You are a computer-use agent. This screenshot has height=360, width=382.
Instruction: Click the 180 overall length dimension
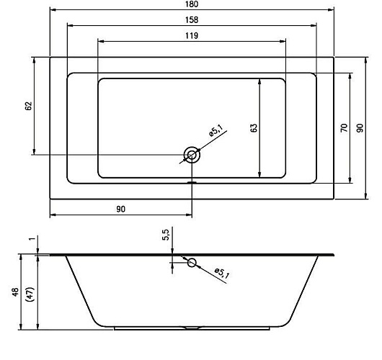tap(192, 4)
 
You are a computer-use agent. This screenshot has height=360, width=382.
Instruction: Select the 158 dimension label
tap(192, 20)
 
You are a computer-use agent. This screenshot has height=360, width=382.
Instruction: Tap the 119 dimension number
tap(192, 36)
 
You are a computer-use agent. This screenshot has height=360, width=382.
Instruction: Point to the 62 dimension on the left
tap(29, 106)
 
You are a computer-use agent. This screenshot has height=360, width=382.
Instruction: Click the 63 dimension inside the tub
tap(254, 127)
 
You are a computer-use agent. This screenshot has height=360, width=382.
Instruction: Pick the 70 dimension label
tap(344, 127)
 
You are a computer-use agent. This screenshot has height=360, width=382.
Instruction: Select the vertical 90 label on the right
tap(360, 127)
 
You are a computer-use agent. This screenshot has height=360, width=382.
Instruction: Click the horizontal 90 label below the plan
tap(120, 209)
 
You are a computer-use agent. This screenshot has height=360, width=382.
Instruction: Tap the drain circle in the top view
tap(192, 155)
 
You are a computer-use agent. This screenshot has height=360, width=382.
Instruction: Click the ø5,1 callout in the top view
tap(216, 130)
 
